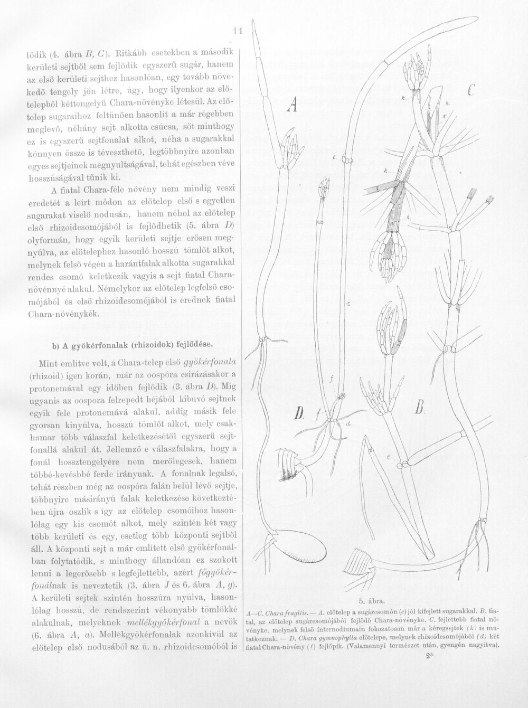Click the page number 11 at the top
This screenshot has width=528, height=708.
coord(238,31)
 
